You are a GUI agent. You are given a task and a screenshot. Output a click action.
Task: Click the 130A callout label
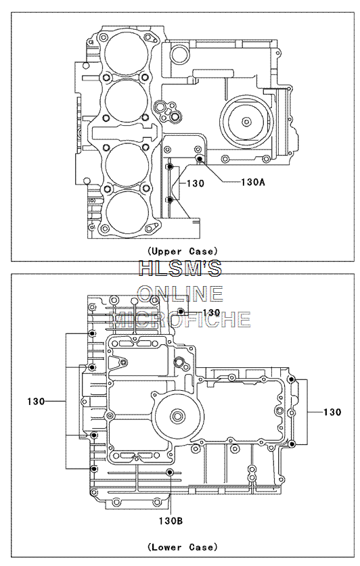[x=253, y=183]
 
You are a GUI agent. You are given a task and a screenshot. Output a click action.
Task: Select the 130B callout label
[x=171, y=521]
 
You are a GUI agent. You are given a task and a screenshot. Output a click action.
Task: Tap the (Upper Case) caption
[x=182, y=251]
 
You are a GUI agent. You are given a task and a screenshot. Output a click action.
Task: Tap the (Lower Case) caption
[x=182, y=547]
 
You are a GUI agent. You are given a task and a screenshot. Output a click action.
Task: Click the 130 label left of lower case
[x=36, y=401]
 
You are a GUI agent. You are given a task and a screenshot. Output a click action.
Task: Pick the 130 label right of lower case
[x=332, y=412]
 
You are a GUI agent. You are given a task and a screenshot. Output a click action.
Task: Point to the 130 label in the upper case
[x=196, y=183]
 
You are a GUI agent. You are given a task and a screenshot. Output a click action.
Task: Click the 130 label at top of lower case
[x=211, y=312]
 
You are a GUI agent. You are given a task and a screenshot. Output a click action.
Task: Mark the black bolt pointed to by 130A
[x=198, y=158]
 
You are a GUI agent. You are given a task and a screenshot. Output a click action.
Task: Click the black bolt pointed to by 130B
[x=170, y=473]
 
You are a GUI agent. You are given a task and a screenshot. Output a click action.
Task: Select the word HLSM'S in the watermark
[x=180, y=268]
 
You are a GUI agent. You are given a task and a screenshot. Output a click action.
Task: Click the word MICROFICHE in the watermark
[x=180, y=319]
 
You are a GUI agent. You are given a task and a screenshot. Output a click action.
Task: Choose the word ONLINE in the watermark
[x=180, y=293]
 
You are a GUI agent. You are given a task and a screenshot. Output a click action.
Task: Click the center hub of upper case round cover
[x=246, y=122]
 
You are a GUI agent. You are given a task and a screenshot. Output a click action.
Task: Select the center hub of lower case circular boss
[x=178, y=416]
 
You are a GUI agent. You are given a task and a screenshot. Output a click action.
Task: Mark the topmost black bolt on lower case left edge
[x=92, y=333]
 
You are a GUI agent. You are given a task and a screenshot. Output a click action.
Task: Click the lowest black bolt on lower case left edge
[x=94, y=469]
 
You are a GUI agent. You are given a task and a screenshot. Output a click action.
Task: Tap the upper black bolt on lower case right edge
[x=292, y=379]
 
